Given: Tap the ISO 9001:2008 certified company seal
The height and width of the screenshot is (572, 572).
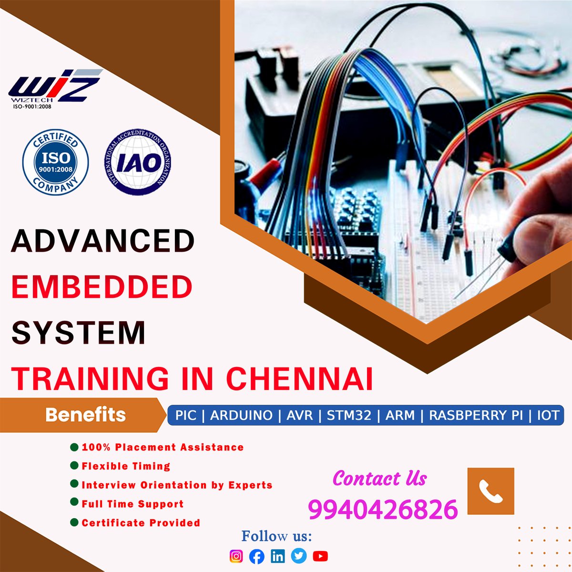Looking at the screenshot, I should [56, 162].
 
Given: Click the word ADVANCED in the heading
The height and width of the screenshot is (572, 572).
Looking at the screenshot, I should [103, 241].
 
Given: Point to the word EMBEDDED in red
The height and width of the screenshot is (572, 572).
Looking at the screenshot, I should [102, 287].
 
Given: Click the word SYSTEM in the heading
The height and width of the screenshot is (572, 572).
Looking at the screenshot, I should [78, 333].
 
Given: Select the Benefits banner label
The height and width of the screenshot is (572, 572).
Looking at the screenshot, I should [86, 415].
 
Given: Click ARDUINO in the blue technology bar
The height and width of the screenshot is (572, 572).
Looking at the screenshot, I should [241, 415].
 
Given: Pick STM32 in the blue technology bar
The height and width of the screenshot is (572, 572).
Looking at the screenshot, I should [349, 415].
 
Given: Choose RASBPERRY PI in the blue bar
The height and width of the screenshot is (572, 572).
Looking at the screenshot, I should [476, 415].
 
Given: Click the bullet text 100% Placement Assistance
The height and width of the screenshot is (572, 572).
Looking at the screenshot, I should [163, 447].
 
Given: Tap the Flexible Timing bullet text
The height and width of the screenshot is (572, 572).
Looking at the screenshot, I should [126, 466].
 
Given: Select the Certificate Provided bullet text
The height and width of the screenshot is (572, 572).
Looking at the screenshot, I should [141, 523].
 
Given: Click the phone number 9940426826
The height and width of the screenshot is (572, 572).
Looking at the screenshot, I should [383, 509].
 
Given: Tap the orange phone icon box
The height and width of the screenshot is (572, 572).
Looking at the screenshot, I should [490, 491].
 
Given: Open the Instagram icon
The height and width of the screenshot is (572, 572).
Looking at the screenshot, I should [236, 556].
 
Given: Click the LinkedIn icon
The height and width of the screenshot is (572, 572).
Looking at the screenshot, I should [278, 556].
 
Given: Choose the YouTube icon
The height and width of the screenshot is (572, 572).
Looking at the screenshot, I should [320, 556].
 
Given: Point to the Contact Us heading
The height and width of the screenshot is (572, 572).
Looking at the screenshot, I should [379, 478].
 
